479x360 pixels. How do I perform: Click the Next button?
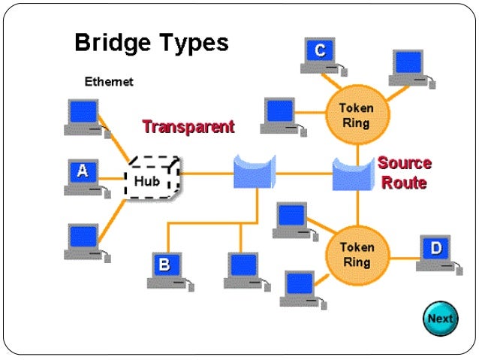click(x=441, y=319)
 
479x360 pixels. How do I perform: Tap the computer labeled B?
click(x=170, y=271)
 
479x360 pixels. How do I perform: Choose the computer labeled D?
click(x=439, y=255)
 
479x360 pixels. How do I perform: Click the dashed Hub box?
click(x=152, y=177)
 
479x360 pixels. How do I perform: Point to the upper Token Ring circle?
click(x=357, y=115)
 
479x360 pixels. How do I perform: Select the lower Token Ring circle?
click(x=357, y=256)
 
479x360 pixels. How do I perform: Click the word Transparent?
click(x=188, y=127)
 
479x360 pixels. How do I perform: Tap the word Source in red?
click(x=405, y=163)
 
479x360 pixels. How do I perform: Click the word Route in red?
click(x=404, y=183)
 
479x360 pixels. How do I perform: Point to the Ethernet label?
click(x=109, y=82)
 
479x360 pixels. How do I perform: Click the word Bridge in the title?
click(x=113, y=44)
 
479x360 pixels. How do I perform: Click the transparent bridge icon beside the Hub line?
click(x=255, y=171)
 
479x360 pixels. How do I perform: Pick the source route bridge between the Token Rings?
click(x=354, y=174)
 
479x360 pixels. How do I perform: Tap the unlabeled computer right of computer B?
click(x=247, y=271)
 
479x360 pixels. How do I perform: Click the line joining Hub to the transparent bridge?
click(x=206, y=174)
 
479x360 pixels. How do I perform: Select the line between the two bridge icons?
click(x=304, y=174)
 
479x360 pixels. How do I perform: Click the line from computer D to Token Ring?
click(x=405, y=259)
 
